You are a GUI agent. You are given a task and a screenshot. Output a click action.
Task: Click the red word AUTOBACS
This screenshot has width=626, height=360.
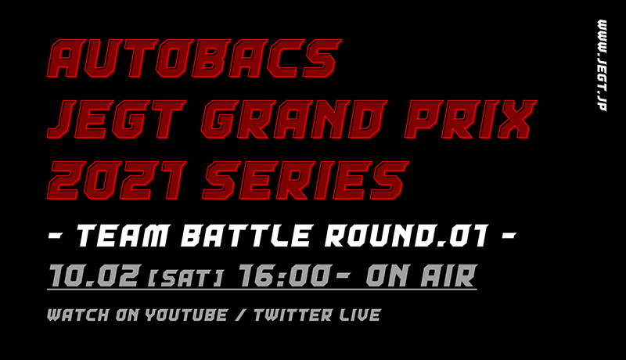(194, 58)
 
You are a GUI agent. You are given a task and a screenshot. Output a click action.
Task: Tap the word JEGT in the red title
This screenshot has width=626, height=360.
(117, 119)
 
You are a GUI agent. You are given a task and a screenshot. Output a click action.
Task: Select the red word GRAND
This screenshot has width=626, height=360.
(294, 119)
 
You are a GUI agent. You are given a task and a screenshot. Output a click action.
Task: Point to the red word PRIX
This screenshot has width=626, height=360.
(470, 119)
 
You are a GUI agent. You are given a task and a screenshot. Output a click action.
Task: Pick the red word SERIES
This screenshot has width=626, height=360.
(306, 181)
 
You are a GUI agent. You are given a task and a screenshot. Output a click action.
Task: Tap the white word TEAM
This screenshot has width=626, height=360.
(123, 236)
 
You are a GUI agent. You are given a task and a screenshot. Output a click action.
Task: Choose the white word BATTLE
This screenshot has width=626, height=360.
(246, 236)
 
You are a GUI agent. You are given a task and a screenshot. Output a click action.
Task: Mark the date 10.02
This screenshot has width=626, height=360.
(94, 275)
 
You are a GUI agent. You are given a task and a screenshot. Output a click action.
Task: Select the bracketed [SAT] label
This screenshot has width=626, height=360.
(185, 278)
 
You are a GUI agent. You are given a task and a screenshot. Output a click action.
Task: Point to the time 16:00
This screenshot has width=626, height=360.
(285, 275)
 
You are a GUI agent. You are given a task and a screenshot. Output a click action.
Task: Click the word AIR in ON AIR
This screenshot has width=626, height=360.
(448, 275)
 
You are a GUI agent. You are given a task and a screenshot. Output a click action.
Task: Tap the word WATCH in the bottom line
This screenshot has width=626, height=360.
(78, 315)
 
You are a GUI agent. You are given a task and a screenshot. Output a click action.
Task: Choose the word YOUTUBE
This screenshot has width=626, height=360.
(186, 315)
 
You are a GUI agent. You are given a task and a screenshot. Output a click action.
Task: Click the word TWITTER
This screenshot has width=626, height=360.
(293, 315)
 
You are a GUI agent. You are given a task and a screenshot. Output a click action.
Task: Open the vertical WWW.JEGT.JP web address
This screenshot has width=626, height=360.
(602, 66)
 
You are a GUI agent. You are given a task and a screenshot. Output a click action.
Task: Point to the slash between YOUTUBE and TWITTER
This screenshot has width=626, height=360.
(240, 315)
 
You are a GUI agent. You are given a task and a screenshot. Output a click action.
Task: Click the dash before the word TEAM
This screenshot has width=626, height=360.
(56, 236)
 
